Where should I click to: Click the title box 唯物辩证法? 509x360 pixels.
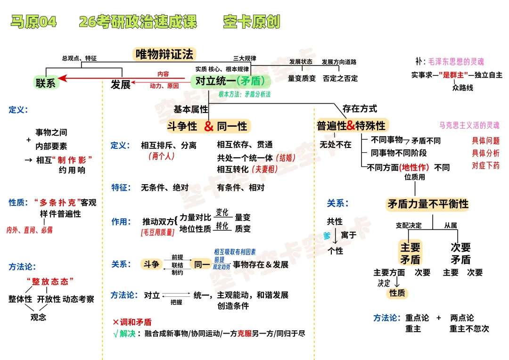[x=164, y=54]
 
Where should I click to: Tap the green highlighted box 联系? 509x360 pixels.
[x=46, y=83]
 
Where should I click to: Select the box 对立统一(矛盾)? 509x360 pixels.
[x=230, y=81]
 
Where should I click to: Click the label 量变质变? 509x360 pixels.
[x=302, y=78]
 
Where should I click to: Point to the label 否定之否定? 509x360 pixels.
[x=340, y=78]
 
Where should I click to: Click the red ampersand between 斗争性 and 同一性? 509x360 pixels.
[x=209, y=126]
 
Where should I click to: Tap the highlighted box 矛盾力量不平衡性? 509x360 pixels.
[x=428, y=204]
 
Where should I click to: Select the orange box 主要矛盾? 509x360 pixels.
[x=410, y=253]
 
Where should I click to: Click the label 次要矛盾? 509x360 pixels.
[x=460, y=253]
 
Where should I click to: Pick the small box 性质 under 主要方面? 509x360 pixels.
[x=397, y=293]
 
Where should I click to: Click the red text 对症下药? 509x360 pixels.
[x=485, y=165]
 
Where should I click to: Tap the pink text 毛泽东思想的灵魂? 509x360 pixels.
[x=456, y=62]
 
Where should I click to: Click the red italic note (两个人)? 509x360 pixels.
[x=161, y=156]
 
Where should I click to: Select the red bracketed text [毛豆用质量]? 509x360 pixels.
[x=157, y=232]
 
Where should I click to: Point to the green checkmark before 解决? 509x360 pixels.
[x=116, y=334]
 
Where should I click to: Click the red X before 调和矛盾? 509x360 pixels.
[x=116, y=322]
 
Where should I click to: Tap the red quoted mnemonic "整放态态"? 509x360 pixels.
[x=50, y=281]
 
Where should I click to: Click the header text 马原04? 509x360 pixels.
[x=33, y=22]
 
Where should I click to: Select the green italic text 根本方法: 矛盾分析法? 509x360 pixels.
[x=244, y=94]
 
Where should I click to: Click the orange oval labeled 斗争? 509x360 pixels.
[x=151, y=264]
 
